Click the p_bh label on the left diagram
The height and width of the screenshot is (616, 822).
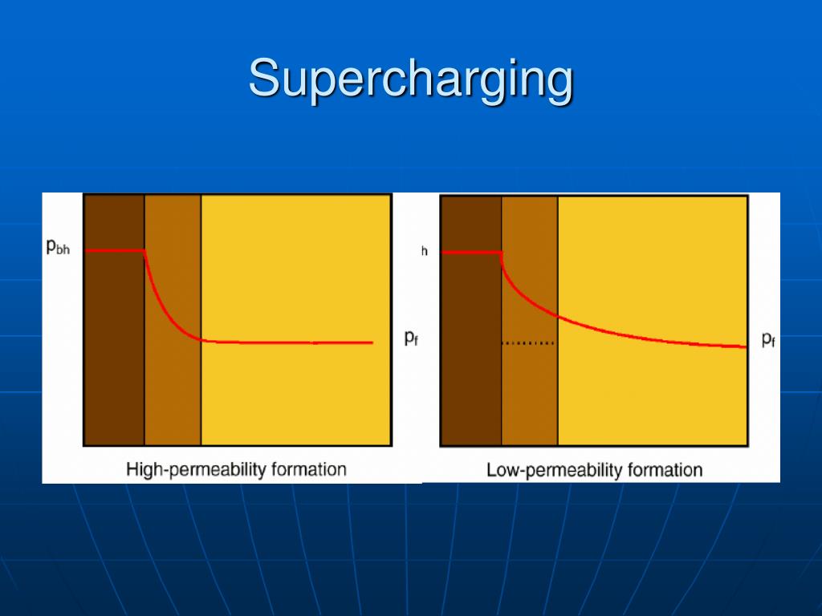58,248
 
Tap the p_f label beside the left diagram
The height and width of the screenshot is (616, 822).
409,338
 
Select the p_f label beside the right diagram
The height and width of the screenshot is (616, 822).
768,339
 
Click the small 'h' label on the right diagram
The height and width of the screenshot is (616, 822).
425,252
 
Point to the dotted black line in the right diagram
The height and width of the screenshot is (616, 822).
527,343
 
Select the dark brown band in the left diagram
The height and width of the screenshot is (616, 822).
114,361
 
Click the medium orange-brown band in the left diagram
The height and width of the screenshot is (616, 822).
173,385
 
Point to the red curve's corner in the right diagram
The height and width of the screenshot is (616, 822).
502,253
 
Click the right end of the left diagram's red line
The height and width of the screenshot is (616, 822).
372,342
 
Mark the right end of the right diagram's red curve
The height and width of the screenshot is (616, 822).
746,346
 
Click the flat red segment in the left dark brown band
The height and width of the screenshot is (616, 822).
114,251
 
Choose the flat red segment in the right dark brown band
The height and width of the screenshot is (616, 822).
471,252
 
